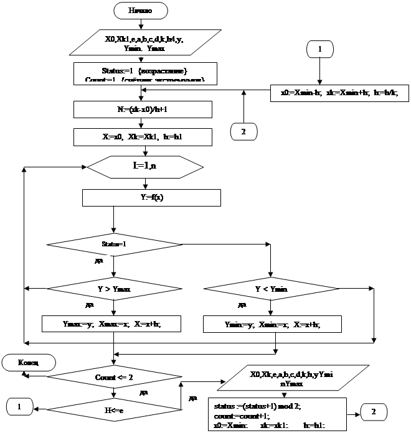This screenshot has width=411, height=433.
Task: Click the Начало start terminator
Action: (x=140, y=10)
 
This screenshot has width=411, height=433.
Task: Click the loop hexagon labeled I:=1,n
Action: (x=145, y=167)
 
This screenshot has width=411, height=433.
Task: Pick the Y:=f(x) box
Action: (x=151, y=198)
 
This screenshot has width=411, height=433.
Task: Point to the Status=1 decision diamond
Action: (x=114, y=243)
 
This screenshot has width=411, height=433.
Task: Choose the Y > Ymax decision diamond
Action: (x=113, y=289)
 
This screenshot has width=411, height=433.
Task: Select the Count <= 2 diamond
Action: (x=113, y=377)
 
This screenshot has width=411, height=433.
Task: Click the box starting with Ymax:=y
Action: (x=111, y=324)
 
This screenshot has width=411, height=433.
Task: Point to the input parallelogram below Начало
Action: (x=144, y=42)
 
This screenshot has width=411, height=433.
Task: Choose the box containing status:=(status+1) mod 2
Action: (x=276, y=412)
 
